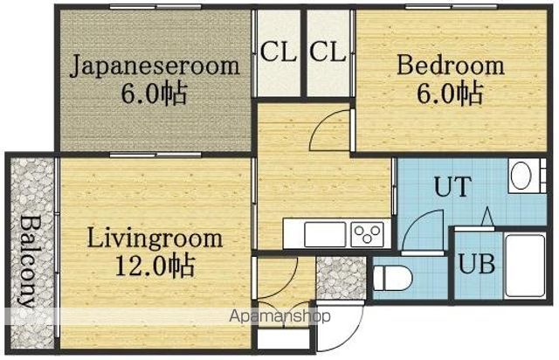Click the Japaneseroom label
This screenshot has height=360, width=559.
(x=155, y=66)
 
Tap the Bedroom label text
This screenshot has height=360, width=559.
(x=451, y=65)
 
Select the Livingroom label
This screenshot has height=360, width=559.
(x=155, y=238)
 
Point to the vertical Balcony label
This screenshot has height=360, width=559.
(x=27, y=261)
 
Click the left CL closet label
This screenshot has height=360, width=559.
(x=278, y=52)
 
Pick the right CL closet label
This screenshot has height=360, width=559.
(x=328, y=52)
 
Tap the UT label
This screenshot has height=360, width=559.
(x=452, y=186)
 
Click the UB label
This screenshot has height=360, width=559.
(x=477, y=264)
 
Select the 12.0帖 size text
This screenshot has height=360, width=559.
(x=155, y=266)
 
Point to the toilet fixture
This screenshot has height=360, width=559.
(x=392, y=278)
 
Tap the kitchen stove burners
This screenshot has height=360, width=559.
(x=367, y=235)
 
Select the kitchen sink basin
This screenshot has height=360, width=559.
(x=325, y=234)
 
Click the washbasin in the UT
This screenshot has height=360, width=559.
(x=521, y=176)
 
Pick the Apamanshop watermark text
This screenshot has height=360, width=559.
(x=279, y=316)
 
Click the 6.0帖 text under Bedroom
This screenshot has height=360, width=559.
(x=450, y=93)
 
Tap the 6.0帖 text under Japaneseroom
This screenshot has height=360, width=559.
(x=154, y=93)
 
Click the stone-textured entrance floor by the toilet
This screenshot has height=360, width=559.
(x=342, y=278)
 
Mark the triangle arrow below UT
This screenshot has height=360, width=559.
(x=487, y=216)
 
